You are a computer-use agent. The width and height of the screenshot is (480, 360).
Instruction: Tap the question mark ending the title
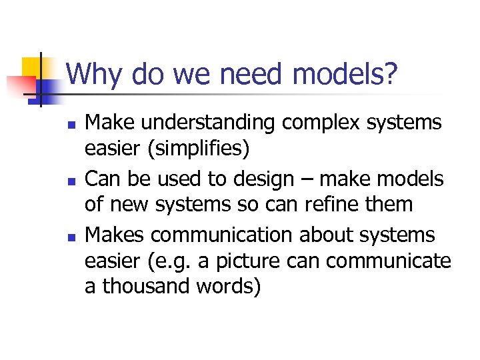(390, 75)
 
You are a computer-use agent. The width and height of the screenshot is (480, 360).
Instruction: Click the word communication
(224, 235)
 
